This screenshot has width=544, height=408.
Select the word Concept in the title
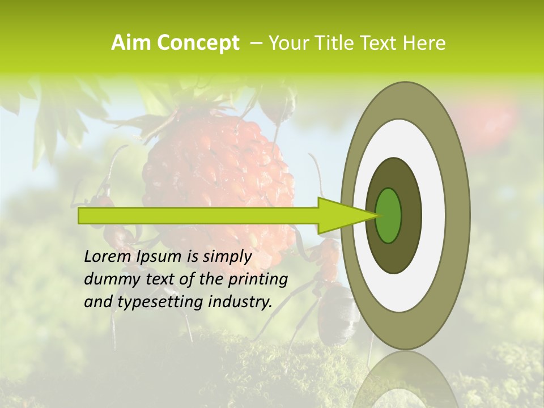198,43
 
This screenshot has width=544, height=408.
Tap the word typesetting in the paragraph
159,301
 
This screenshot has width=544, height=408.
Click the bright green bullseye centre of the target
389,215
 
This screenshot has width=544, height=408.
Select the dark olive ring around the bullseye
410,215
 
